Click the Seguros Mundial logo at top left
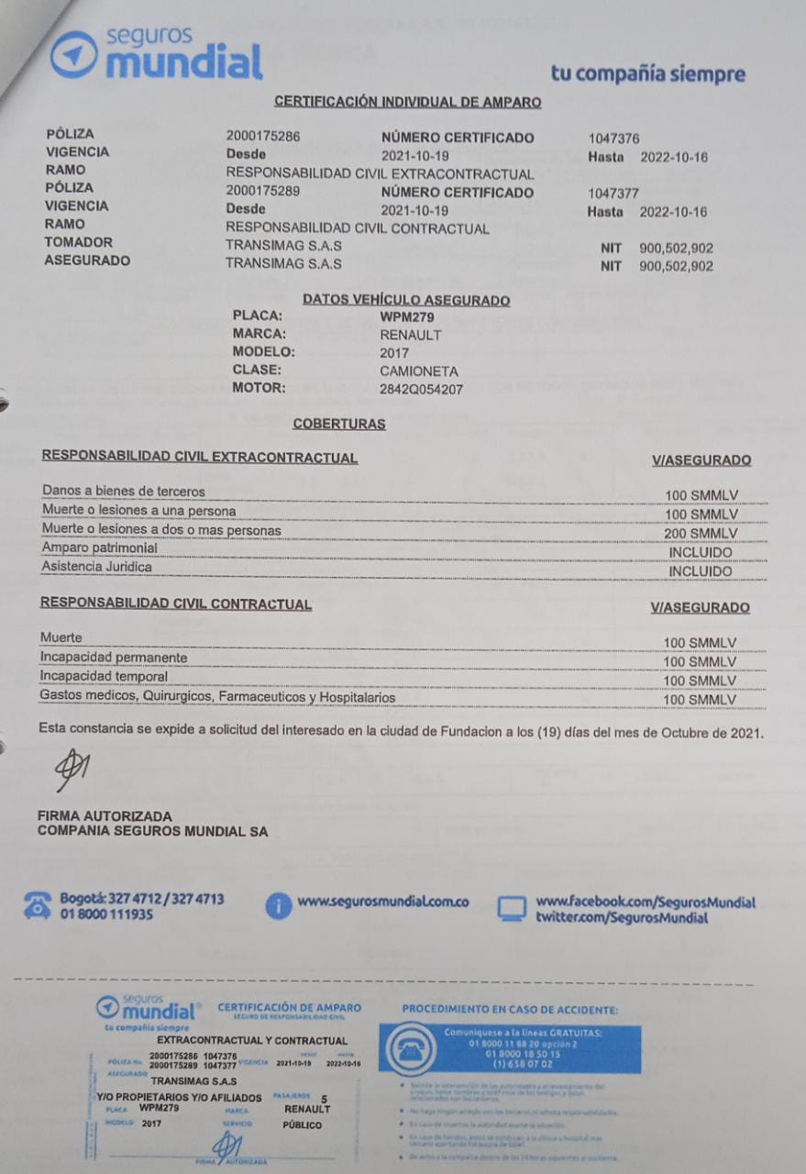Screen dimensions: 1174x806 [156, 53]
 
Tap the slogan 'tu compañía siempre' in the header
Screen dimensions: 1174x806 [647, 73]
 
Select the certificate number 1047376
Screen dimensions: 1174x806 [613, 138]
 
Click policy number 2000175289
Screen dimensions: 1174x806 [263, 192]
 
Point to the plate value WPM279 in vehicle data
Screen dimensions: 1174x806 [408, 316]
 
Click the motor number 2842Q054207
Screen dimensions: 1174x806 [422, 389]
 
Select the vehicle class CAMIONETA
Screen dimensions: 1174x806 [418, 371]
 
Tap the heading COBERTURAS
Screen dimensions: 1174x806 [338, 424]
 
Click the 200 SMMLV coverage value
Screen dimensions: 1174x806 [701, 534]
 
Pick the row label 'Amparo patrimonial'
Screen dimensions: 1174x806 [99, 548]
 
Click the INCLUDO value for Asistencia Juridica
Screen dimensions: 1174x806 [701, 571]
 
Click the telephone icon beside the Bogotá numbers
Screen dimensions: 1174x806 [39, 904]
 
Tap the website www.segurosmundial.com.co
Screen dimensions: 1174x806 [383, 902]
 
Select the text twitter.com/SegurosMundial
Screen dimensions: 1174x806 [622, 917]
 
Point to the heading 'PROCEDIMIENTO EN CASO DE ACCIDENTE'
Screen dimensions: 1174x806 [510, 1009]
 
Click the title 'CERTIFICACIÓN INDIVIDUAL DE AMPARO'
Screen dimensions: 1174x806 [407, 102]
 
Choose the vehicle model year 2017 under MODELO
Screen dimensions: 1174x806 [394, 352]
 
